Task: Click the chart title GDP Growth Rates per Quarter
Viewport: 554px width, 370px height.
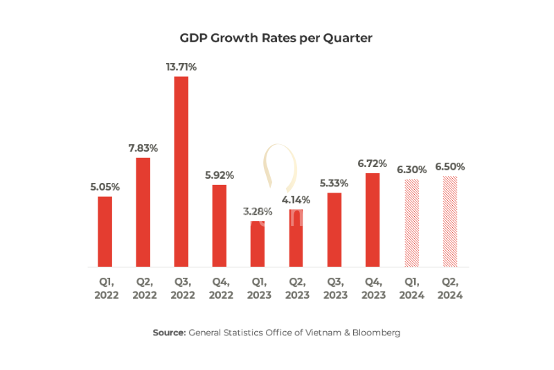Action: click(276, 38)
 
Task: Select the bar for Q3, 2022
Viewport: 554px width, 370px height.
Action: click(181, 171)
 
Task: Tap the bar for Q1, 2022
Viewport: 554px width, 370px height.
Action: click(105, 231)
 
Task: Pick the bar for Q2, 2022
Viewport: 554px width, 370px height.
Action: click(143, 212)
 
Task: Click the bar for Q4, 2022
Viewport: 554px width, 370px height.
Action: click(220, 225)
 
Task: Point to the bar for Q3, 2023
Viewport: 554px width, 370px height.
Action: click(334, 229)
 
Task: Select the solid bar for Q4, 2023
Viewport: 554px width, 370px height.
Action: click(373, 220)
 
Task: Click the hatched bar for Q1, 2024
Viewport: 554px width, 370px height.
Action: click(411, 222)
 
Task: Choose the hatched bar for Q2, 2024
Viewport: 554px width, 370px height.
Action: click(449, 221)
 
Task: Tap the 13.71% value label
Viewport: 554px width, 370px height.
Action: click(181, 67)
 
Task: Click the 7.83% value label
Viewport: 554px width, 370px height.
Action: click(143, 148)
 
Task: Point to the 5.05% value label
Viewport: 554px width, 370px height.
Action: click(105, 186)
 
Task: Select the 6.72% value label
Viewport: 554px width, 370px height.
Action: click(373, 163)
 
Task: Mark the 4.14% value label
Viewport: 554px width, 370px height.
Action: click(296, 200)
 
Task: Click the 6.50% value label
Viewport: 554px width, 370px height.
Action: click(449, 167)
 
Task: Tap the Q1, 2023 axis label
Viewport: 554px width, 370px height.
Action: click(258, 288)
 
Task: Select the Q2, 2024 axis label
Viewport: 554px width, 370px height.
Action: click(449, 288)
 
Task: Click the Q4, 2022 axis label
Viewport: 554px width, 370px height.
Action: click(220, 288)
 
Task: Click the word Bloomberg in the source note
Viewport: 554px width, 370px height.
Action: click(375, 333)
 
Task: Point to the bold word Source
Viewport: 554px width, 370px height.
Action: click(169, 333)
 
